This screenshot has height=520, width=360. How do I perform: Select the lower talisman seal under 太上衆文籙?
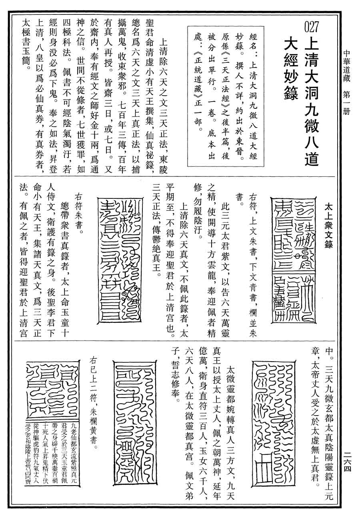pyautogui.click(x=290, y=298)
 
